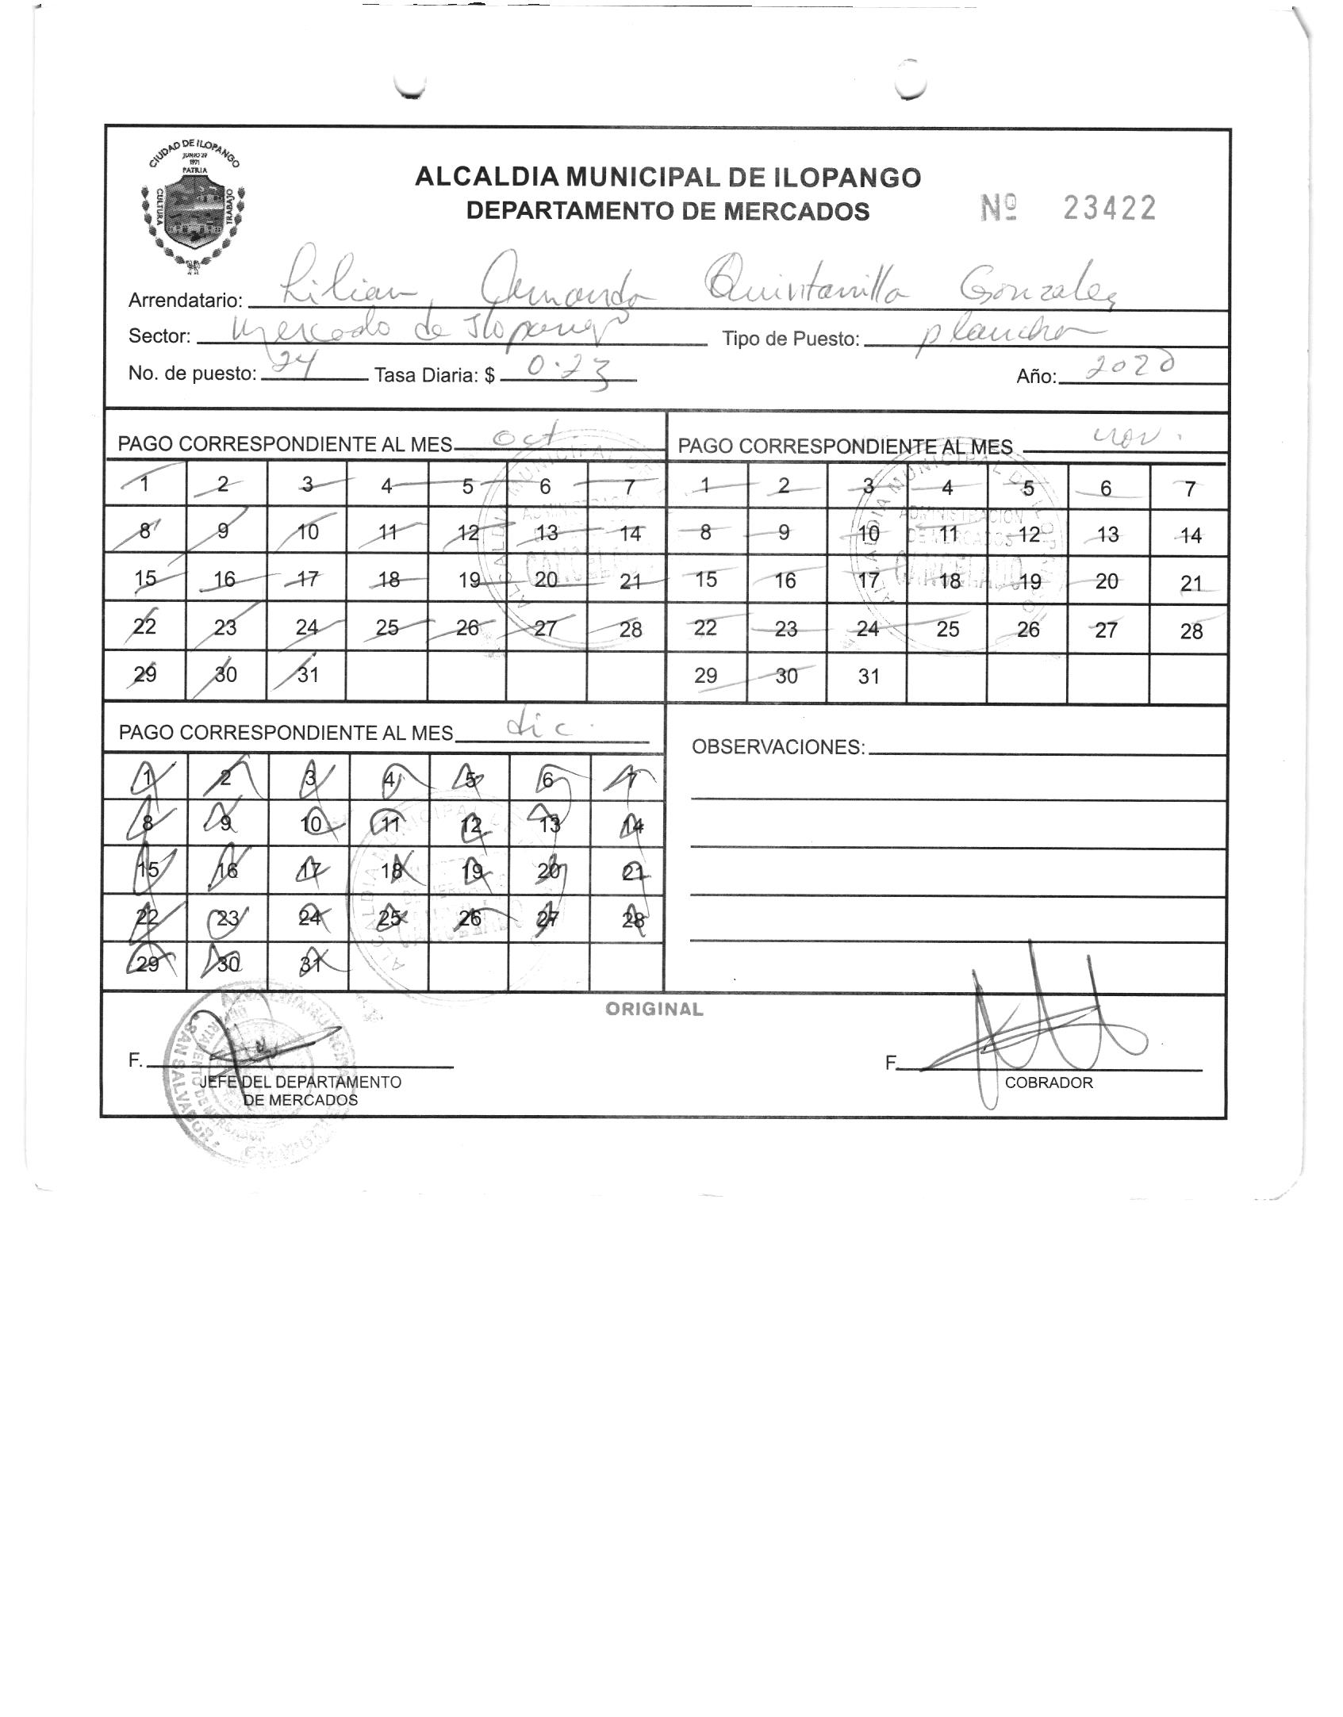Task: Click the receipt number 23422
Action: [x=1109, y=209]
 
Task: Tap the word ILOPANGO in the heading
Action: [x=846, y=177]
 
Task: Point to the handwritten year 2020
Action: [x=1130, y=367]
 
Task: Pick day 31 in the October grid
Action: [x=308, y=674]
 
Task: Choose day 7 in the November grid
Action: [x=1189, y=489]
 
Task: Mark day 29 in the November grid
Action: [x=705, y=676]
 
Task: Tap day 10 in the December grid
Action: [x=311, y=824]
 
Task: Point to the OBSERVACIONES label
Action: [x=777, y=747]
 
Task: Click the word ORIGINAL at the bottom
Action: [x=654, y=1010]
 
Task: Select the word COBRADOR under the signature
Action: [x=1048, y=1083]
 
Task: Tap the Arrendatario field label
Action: [x=185, y=301]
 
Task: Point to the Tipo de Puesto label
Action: [x=790, y=339]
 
